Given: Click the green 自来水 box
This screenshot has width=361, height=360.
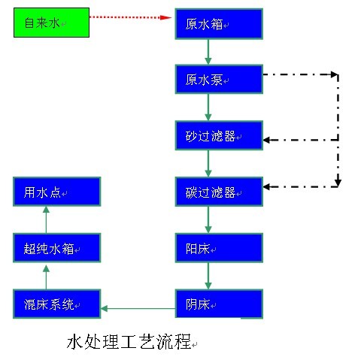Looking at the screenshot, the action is pos(51,23).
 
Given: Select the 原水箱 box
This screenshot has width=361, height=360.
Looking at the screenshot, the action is pos(219,24).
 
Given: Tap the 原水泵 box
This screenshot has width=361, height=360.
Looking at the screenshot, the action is pos(219,79).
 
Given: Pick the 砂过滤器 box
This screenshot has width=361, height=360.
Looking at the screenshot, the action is pos(219,135).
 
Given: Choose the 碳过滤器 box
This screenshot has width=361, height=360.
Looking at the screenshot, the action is pos(219,192).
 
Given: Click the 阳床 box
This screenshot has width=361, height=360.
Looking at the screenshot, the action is pos(219,248).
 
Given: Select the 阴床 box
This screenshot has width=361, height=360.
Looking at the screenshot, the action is pos(219,304).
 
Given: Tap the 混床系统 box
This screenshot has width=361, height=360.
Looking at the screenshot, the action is pos(57,304).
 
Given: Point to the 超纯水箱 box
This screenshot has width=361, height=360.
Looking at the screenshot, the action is pos(57,248).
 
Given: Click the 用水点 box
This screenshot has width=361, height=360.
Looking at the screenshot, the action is pos(57,192).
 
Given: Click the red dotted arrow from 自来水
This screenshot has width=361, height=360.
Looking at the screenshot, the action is pos(130,17).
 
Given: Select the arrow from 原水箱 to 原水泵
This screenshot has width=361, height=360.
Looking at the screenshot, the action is pos(208,52).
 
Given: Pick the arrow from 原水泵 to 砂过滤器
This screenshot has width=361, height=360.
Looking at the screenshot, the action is pos(208,107).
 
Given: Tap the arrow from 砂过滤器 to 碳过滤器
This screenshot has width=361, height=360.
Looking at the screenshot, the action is pos(208,164).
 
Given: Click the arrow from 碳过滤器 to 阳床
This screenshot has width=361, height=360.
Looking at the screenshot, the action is pos(208,219).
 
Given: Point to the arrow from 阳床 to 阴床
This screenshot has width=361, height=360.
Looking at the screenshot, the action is pos(208,276).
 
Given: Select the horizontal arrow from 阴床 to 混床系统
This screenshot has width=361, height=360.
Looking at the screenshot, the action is pos(138,308).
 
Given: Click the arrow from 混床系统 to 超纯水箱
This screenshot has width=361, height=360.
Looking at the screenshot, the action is pos(46,277).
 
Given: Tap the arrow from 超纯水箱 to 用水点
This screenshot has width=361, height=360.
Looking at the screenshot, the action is pos(46,219).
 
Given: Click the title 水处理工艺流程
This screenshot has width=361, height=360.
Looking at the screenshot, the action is pos(129,342).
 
